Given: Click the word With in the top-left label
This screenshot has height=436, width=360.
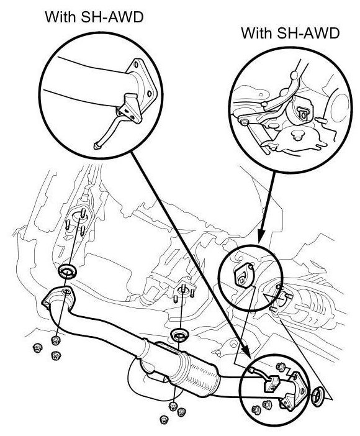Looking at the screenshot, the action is pos(60,17).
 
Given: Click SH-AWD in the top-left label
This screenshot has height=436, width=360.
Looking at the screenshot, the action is pos(112,17).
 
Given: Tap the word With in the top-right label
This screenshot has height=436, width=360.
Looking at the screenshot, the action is pos(256,33).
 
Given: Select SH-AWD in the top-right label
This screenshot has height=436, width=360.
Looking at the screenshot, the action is pos(308,33).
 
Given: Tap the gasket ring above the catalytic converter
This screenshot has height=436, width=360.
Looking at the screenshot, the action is pos(179,335).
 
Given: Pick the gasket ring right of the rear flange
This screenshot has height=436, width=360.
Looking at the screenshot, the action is pos(317,396).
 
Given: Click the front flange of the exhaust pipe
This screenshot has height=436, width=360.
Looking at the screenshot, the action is pos(58,297).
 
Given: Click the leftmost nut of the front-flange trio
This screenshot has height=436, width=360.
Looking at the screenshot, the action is pos(37,348).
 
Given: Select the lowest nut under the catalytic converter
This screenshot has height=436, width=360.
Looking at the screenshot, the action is pos(164,419).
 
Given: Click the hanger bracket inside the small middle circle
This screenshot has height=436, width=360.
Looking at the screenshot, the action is pos(243,275).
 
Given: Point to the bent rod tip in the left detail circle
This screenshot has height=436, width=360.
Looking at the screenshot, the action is pos(97,145).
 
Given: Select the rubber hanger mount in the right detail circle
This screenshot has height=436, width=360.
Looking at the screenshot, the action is pos(301,111).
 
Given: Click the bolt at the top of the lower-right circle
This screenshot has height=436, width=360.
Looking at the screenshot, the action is pos(281,366).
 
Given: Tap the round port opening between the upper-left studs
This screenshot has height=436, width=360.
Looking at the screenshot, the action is pos(79,217).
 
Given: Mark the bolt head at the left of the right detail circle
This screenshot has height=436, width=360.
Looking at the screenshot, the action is pos(245,122).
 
